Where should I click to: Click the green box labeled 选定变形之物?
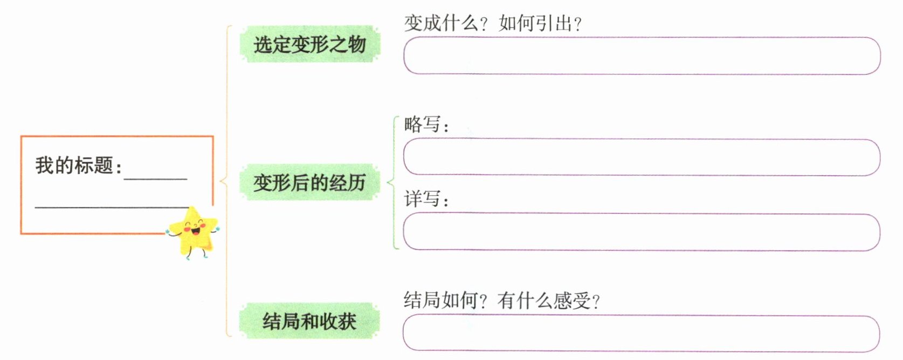(x=309, y=44)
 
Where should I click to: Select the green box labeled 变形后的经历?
(x=309, y=183)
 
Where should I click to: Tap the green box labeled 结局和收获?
(x=309, y=321)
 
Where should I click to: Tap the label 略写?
(x=423, y=124)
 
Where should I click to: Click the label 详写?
(x=423, y=199)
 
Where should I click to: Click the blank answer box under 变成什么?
(x=642, y=56)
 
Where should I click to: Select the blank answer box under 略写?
(x=642, y=157)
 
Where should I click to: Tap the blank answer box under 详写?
(x=642, y=232)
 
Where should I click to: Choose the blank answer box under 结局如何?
(x=642, y=334)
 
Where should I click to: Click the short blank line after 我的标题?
(x=155, y=178)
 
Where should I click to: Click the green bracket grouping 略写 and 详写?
(x=394, y=182)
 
